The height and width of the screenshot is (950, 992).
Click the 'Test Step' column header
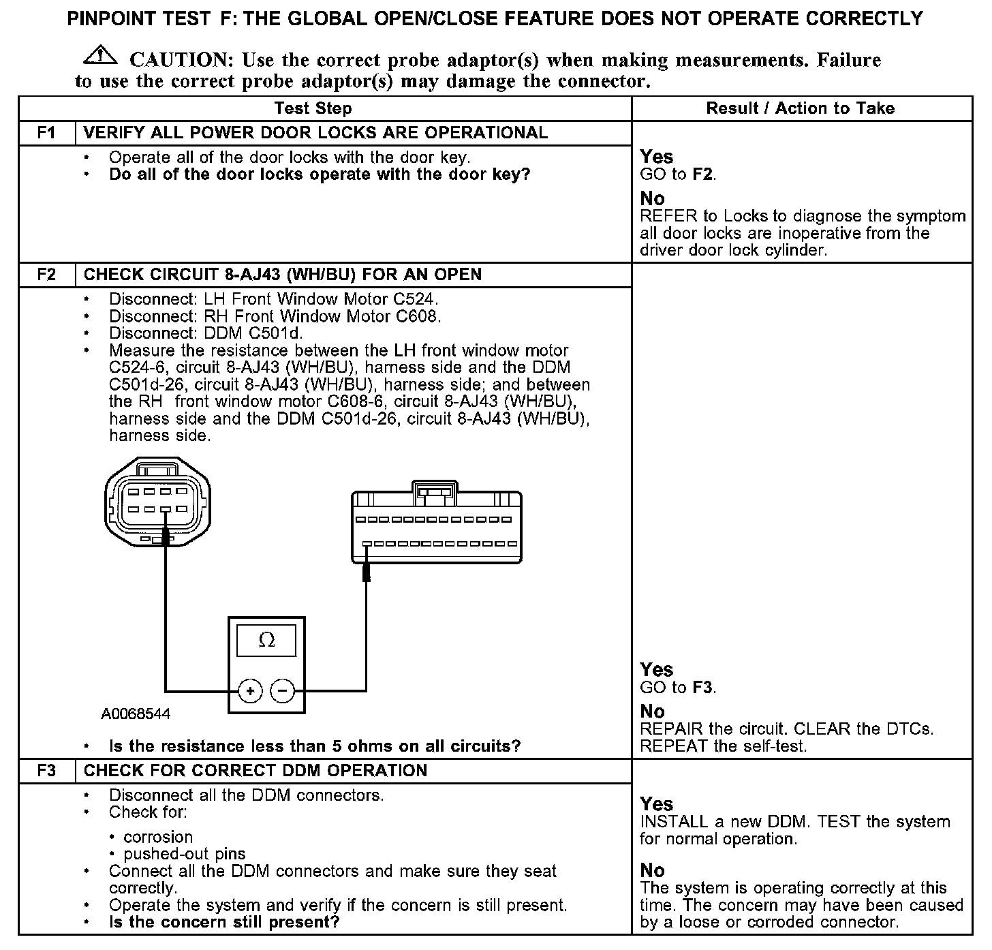(x=313, y=108)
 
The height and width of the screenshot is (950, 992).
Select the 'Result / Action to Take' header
(x=800, y=108)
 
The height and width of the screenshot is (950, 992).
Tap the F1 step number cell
(x=46, y=133)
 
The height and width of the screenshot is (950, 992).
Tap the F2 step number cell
(x=46, y=275)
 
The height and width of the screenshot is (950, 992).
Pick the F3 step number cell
(x=46, y=771)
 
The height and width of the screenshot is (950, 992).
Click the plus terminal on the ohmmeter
(x=251, y=691)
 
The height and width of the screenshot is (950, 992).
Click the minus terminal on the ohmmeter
(x=283, y=691)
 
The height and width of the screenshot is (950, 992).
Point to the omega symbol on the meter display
(x=266, y=641)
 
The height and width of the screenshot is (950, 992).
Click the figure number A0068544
(x=136, y=714)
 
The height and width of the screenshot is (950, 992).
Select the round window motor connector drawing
(x=157, y=503)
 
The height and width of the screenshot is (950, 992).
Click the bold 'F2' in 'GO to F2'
(x=703, y=174)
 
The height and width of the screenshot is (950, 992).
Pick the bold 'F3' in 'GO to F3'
(x=703, y=687)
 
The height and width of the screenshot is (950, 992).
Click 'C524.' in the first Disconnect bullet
(x=417, y=299)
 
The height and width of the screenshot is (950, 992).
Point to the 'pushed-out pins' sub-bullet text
(x=185, y=854)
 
